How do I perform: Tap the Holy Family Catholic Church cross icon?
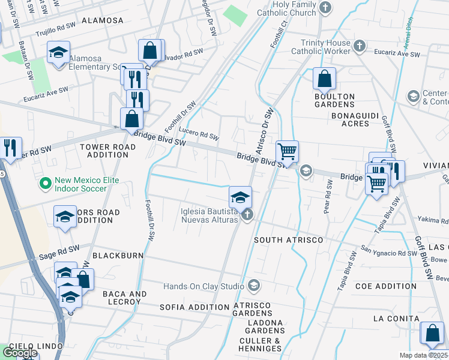click(325, 8)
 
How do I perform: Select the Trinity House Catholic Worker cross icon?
click(359, 46)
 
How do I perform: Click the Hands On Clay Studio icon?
click(255, 284)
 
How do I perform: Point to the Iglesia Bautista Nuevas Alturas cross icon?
click(246, 214)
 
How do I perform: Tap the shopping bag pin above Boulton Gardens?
click(324, 79)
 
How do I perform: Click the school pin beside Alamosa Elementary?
click(59, 52)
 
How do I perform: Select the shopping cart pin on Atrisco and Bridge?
click(288, 151)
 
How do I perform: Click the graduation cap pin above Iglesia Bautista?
click(240, 197)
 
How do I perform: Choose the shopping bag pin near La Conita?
click(432, 334)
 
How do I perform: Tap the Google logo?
click(19, 353)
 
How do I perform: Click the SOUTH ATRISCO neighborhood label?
click(289, 240)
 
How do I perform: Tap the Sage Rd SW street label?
click(59, 250)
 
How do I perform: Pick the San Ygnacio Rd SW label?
click(388, 251)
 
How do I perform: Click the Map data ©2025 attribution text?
click(424, 355)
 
